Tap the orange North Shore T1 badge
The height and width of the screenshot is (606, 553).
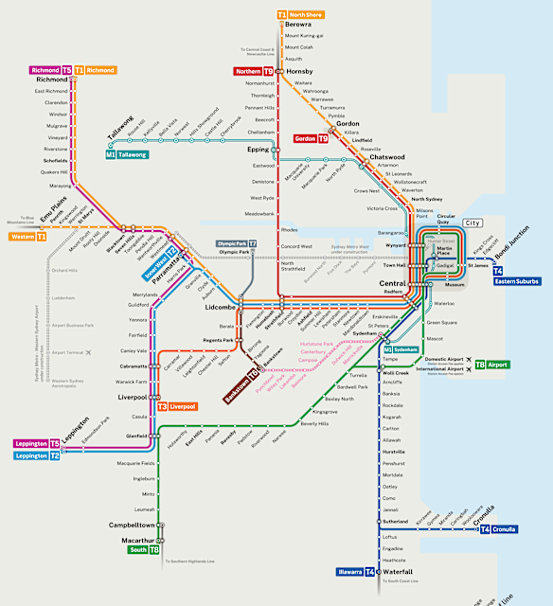[x=300, y=15]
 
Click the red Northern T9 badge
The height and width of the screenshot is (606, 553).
[x=255, y=71]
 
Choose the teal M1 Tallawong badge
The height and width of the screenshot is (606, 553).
[x=127, y=154]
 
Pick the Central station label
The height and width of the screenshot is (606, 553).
[x=393, y=283]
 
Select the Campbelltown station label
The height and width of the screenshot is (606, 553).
[x=133, y=525]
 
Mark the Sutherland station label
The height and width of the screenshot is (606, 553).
[x=397, y=521]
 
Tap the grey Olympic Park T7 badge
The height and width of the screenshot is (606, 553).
[x=237, y=243]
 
